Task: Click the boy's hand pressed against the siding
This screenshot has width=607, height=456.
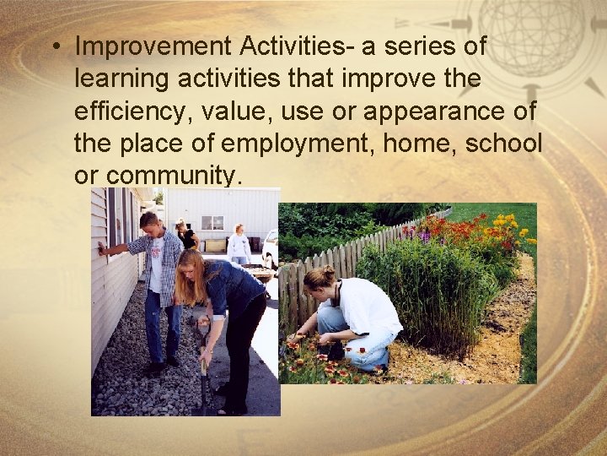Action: tap(102, 248)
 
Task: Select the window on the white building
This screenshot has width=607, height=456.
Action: tap(212, 222)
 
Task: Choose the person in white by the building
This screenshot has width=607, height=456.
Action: tap(239, 245)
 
